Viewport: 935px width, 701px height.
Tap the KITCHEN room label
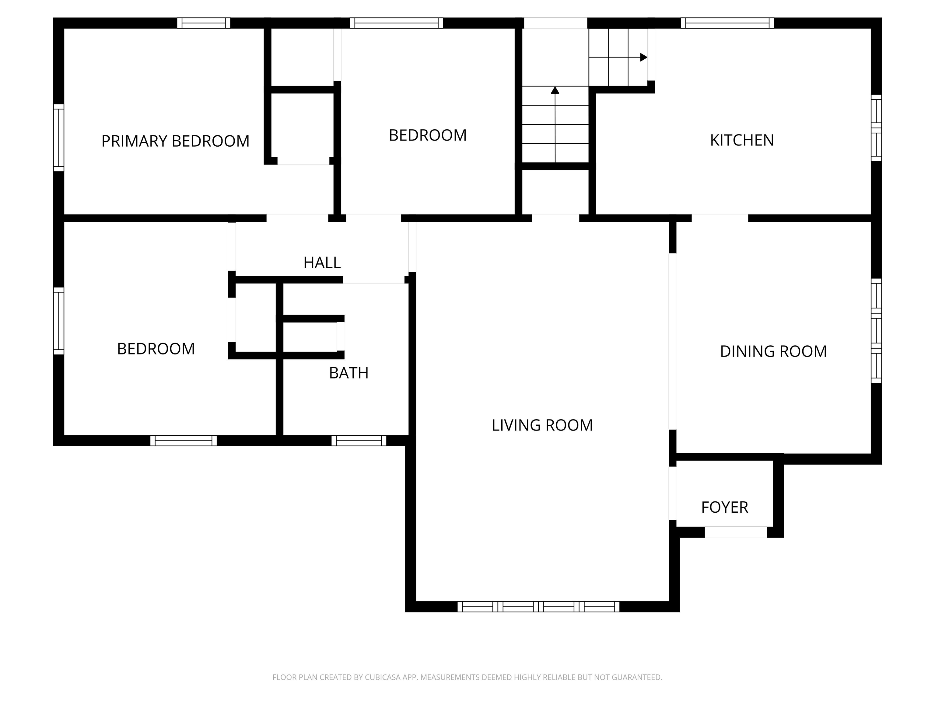click(742, 140)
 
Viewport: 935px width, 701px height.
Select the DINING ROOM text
click(773, 351)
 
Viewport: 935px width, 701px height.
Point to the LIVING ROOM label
click(542, 425)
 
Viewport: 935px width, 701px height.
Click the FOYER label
click(724, 507)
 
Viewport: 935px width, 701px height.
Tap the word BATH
click(349, 373)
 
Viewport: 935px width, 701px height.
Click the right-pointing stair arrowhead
click(644, 57)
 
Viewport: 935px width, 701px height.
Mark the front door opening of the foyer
click(735, 532)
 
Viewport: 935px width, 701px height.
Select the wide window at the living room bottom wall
click(538, 606)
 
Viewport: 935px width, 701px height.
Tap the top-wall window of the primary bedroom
click(204, 23)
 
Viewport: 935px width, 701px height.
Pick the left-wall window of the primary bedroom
click(59, 138)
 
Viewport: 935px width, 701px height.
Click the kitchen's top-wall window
click(727, 23)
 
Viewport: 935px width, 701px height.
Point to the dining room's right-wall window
click(877, 331)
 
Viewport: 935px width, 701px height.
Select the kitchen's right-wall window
click(877, 127)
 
